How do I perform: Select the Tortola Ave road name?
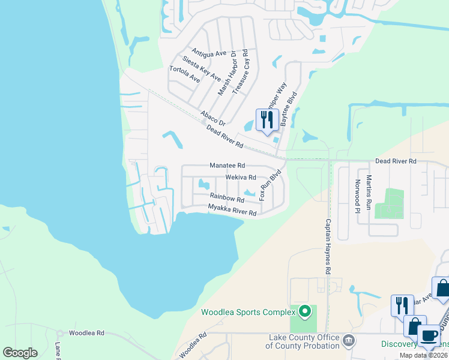click(x=184, y=74)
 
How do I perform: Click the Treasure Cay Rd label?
click(x=241, y=72)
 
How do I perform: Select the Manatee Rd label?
click(x=228, y=165)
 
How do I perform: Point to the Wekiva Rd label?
click(x=241, y=178)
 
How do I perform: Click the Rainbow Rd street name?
click(x=227, y=197)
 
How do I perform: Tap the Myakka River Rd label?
click(x=232, y=210)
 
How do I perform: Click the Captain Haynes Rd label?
click(x=328, y=246)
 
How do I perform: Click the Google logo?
click(x=20, y=353)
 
